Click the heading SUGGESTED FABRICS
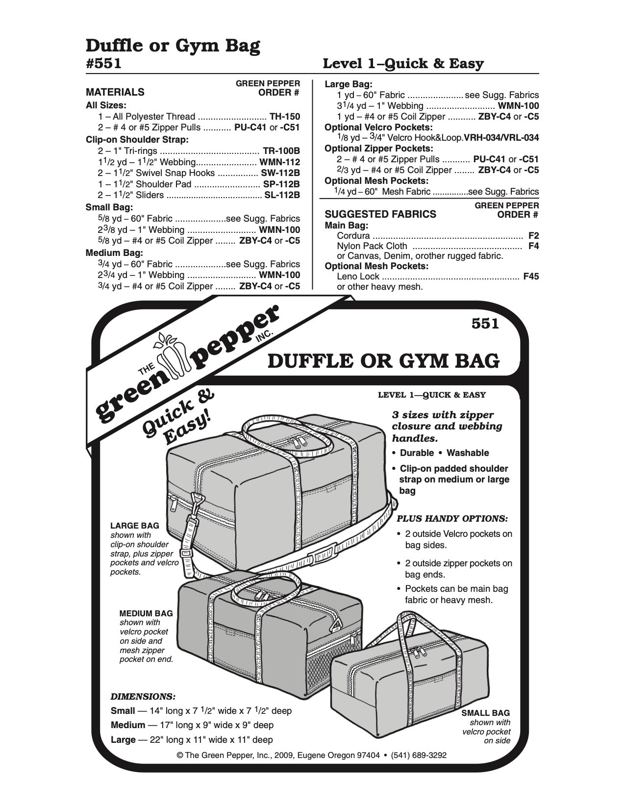tap(380, 214)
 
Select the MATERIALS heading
tap(115, 92)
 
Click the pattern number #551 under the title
tap(103, 64)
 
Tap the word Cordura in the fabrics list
tap(353, 235)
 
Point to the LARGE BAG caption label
tap(135, 526)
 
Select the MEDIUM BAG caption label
tap(146, 613)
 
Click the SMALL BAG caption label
tap(485, 713)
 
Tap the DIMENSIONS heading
tap(143, 696)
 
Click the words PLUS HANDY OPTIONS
tap(452, 518)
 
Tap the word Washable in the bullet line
tap(468, 453)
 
